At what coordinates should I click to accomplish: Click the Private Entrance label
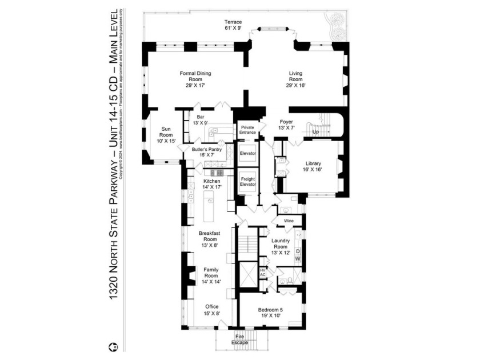(x=247, y=130)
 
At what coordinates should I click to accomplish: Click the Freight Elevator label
(x=247, y=182)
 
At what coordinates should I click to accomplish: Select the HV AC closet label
(x=263, y=273)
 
